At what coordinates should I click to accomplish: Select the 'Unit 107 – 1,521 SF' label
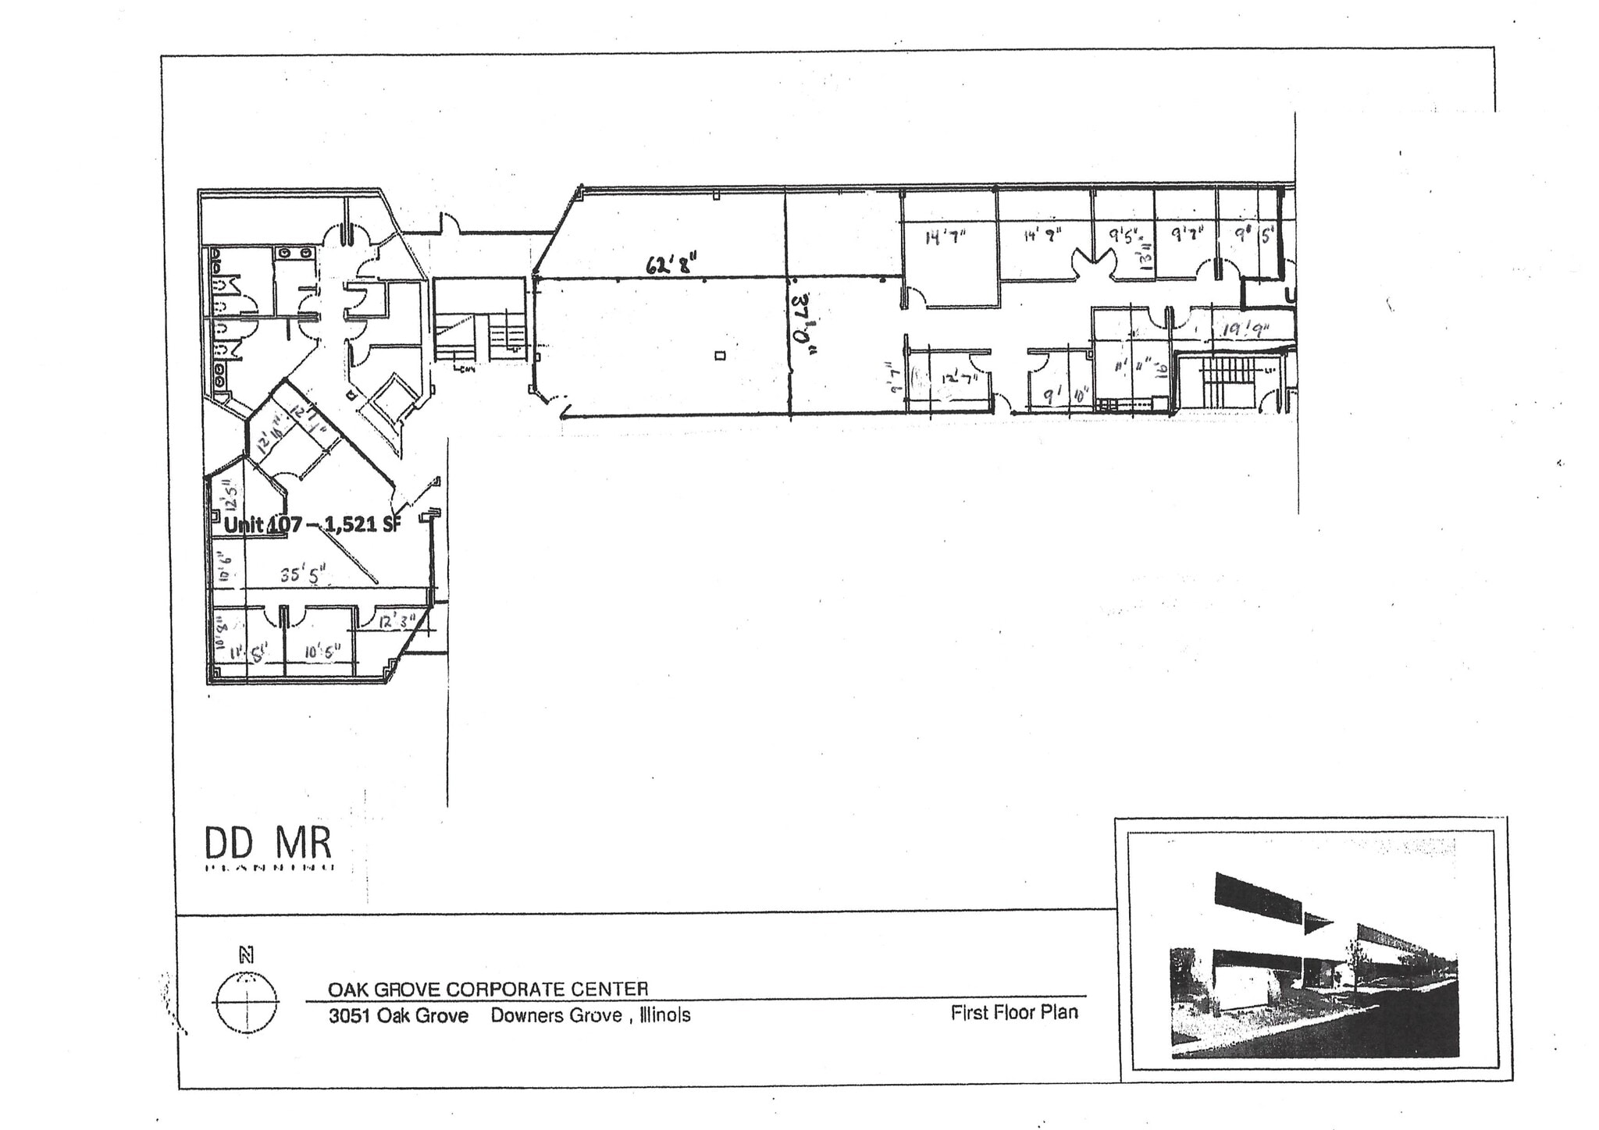click(312, 524)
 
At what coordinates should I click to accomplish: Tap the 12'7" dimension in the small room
click(960, 378)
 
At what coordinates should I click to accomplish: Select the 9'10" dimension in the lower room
click(1067, 396)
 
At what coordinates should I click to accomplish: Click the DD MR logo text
click(268, 844)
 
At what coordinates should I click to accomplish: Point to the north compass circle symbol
click(246, 1002)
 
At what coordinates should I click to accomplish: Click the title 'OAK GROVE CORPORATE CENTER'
click(488, 990)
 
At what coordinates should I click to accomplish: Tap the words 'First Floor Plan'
click(1014, 1013)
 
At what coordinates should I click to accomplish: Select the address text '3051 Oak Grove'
click(398, 1015)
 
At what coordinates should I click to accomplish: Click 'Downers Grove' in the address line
click(556, 1015)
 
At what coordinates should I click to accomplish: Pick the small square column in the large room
click(720, 356)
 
